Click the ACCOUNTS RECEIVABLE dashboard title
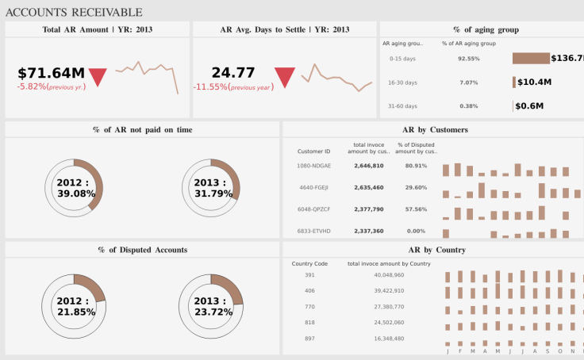coord(74,12)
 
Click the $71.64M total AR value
coord(51,73)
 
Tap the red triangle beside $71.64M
coord(98,77)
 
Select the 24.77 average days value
coord(233,73)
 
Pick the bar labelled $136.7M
coord(531,59)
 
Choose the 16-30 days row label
coord(403,82)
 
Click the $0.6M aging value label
coord(529,106)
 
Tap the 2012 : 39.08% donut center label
coord(76,188)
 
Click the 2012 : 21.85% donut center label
coord(76,307)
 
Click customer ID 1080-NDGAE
coord(313,166)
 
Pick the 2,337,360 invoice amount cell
coord(367,232)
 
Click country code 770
coord(309,306)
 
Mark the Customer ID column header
coord(313,151)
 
